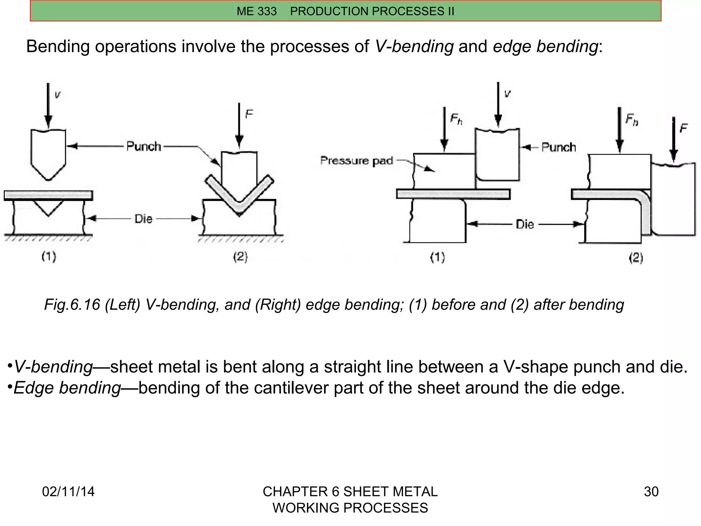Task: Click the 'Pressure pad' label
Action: click(x=356, y=161)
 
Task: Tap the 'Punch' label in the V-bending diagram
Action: click(x=143, y=147)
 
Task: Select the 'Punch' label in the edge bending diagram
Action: click(x=558, y=148)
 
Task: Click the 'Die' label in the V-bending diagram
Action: click(x=143, y=219)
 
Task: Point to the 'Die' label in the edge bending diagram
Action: click(x=524, y=225)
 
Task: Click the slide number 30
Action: click(x=651, y=492)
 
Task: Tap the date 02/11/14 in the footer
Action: click(x=68, y=492)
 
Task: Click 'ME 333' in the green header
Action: click(x=256, y=11)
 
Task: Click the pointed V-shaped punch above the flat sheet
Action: click(x=48, y=154)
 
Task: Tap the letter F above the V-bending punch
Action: click(x=249, y=114)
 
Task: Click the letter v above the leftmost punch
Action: click(x=58, y=95)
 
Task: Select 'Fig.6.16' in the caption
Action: click(x=72, y=304)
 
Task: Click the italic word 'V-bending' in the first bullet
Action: click(x=53, y=367)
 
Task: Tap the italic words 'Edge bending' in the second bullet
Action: click(x=67, y=388)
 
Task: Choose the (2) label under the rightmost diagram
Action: click(x=636, y=258)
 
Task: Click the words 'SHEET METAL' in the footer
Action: click(x=390, y=492)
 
